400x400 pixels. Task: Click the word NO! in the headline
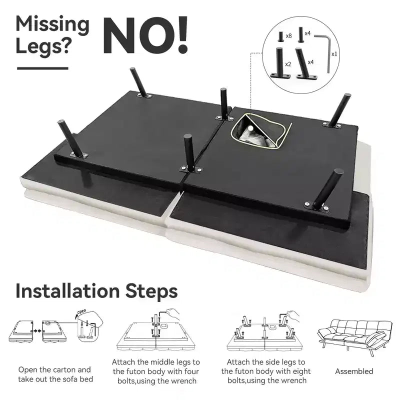(145, 35)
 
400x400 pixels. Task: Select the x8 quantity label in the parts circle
(288, 36)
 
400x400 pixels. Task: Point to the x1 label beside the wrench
(334, 54)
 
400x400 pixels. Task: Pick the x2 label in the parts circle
(288, 64)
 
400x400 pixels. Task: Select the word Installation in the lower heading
(67, 291)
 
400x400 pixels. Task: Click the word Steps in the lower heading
(151, 291)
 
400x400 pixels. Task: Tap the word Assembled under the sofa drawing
(354, 371)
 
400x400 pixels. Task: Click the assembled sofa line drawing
(355, 336)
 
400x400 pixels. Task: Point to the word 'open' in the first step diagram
(81, 311)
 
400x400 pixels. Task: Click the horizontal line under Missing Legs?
(42, 68)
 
